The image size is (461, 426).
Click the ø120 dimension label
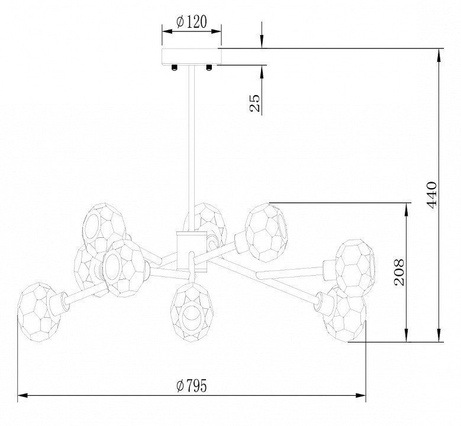[191, 22]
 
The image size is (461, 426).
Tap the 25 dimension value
[255, 103]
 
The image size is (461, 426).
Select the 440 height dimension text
[431, 195]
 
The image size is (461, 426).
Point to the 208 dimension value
[399, 273]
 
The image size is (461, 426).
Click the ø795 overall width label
[191, 386]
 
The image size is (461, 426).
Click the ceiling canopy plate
[192, 56]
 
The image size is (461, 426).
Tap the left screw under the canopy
[175, 67]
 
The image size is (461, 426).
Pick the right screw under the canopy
[209, 67]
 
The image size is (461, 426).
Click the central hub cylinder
[192, 251]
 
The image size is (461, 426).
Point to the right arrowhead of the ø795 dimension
[361, 395]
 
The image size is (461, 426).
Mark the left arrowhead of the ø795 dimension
[23, 395]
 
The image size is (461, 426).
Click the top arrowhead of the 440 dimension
[439, 54]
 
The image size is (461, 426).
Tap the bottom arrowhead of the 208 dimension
[407, 336]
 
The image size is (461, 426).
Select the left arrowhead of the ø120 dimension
[167, 31]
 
